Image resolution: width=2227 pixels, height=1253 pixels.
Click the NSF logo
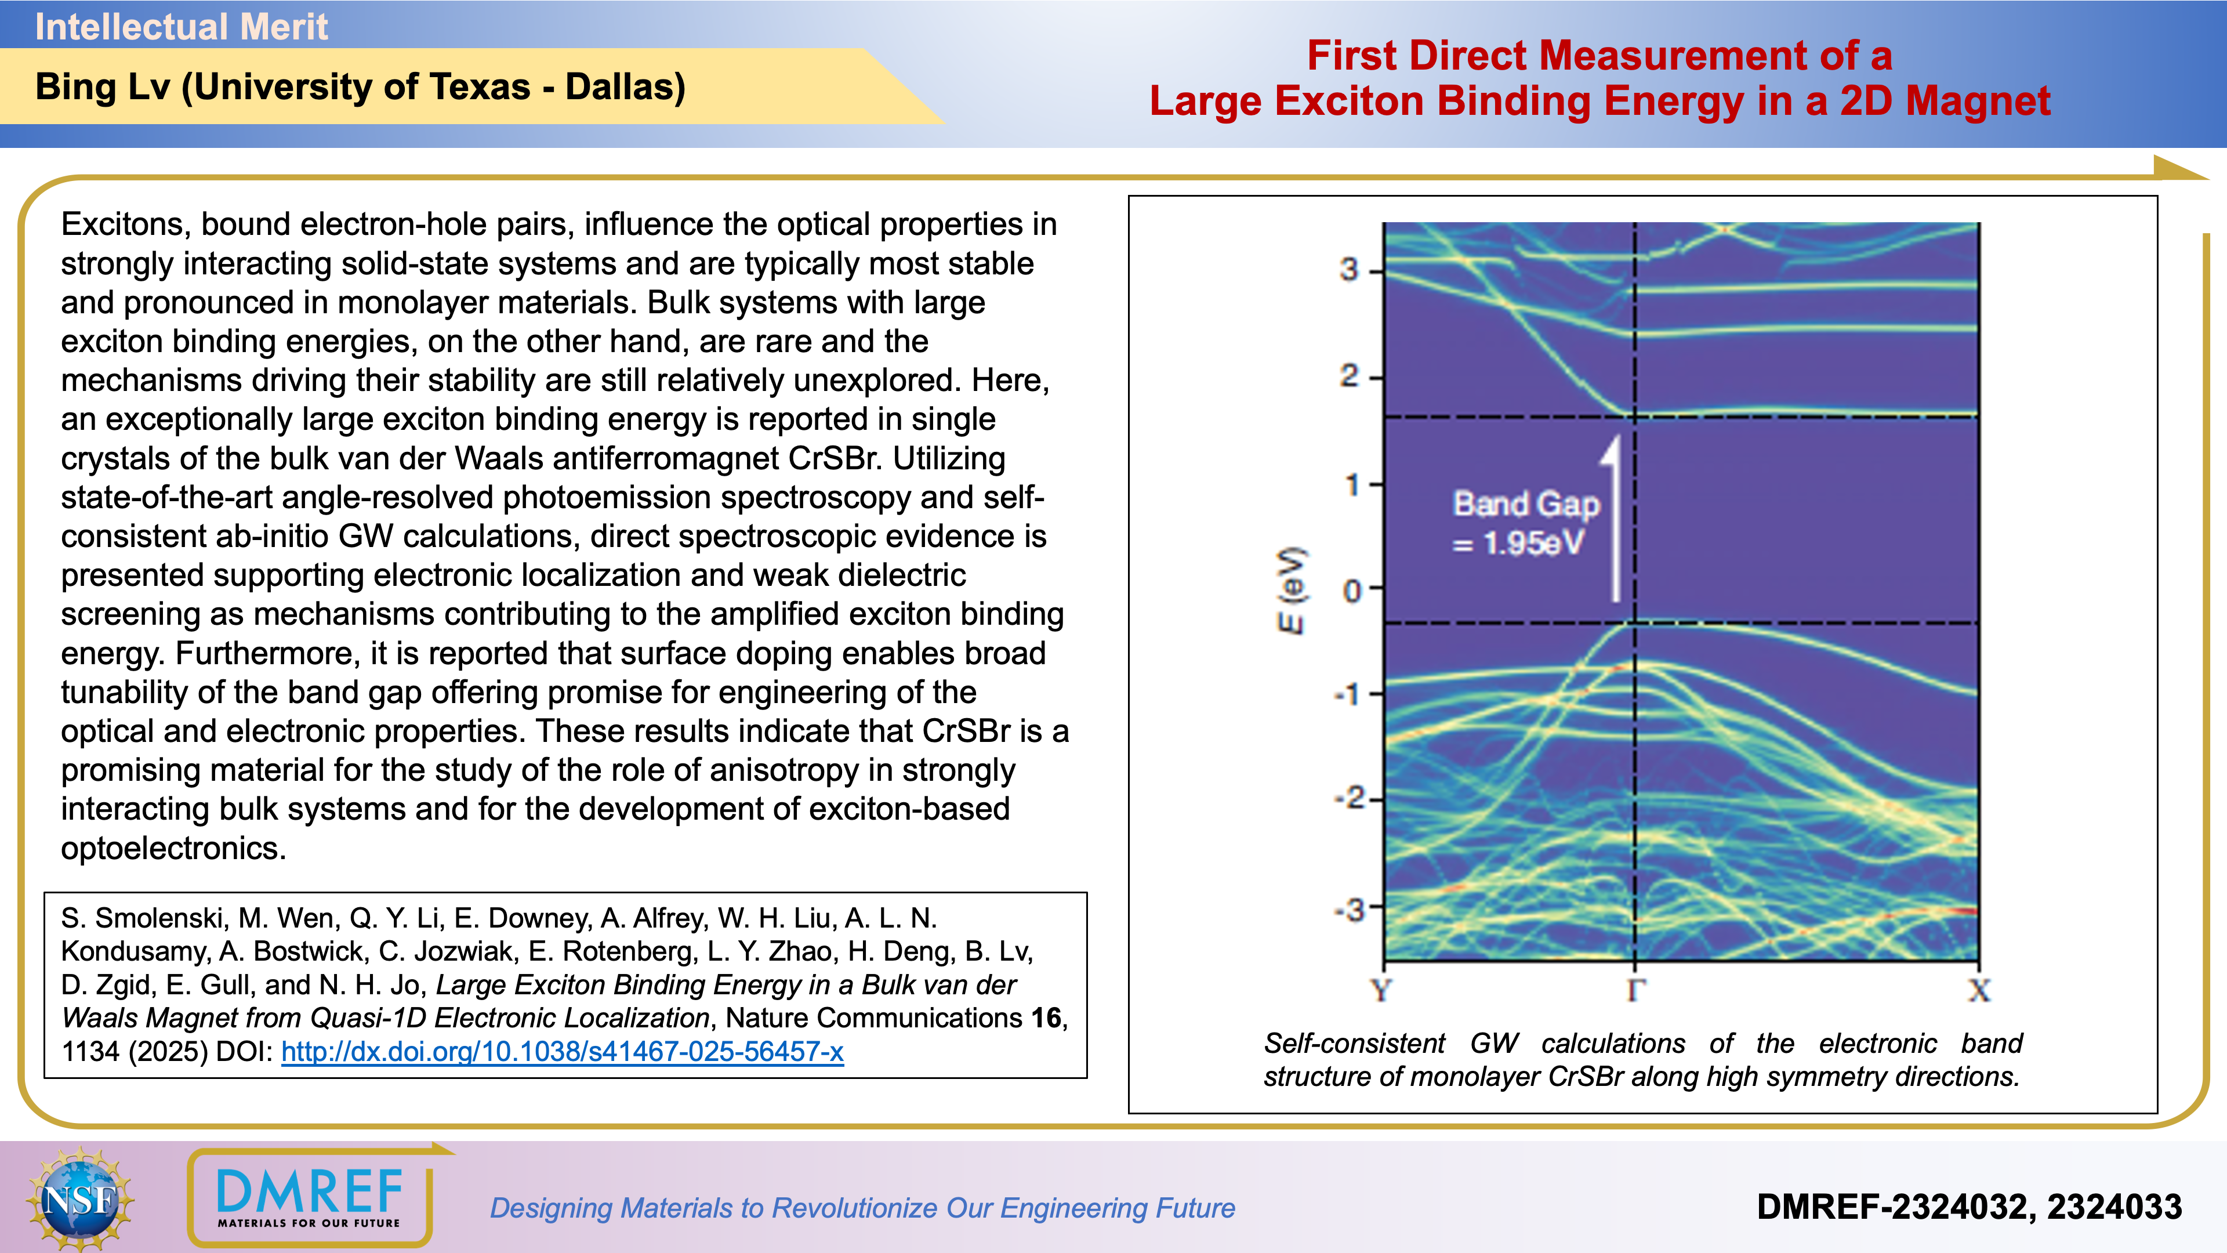[x=79, y=1198]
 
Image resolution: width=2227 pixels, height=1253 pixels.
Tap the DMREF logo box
[x=310, y=1198]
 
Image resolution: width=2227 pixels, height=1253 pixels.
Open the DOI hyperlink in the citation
[x=562, y=1052]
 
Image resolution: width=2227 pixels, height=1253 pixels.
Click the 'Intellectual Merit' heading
[x=182, y=27]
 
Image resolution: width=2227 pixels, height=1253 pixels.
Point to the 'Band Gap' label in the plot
[x=1526, y=504]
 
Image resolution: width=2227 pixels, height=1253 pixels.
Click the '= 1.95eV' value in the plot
[x=1519, y=543]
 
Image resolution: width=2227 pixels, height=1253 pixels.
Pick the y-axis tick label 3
[x=1348, y=270]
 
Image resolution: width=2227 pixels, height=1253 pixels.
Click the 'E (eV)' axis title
[x=1292, y=590]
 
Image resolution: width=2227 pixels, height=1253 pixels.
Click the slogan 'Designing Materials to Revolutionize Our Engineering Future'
[x=862, y=1208]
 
